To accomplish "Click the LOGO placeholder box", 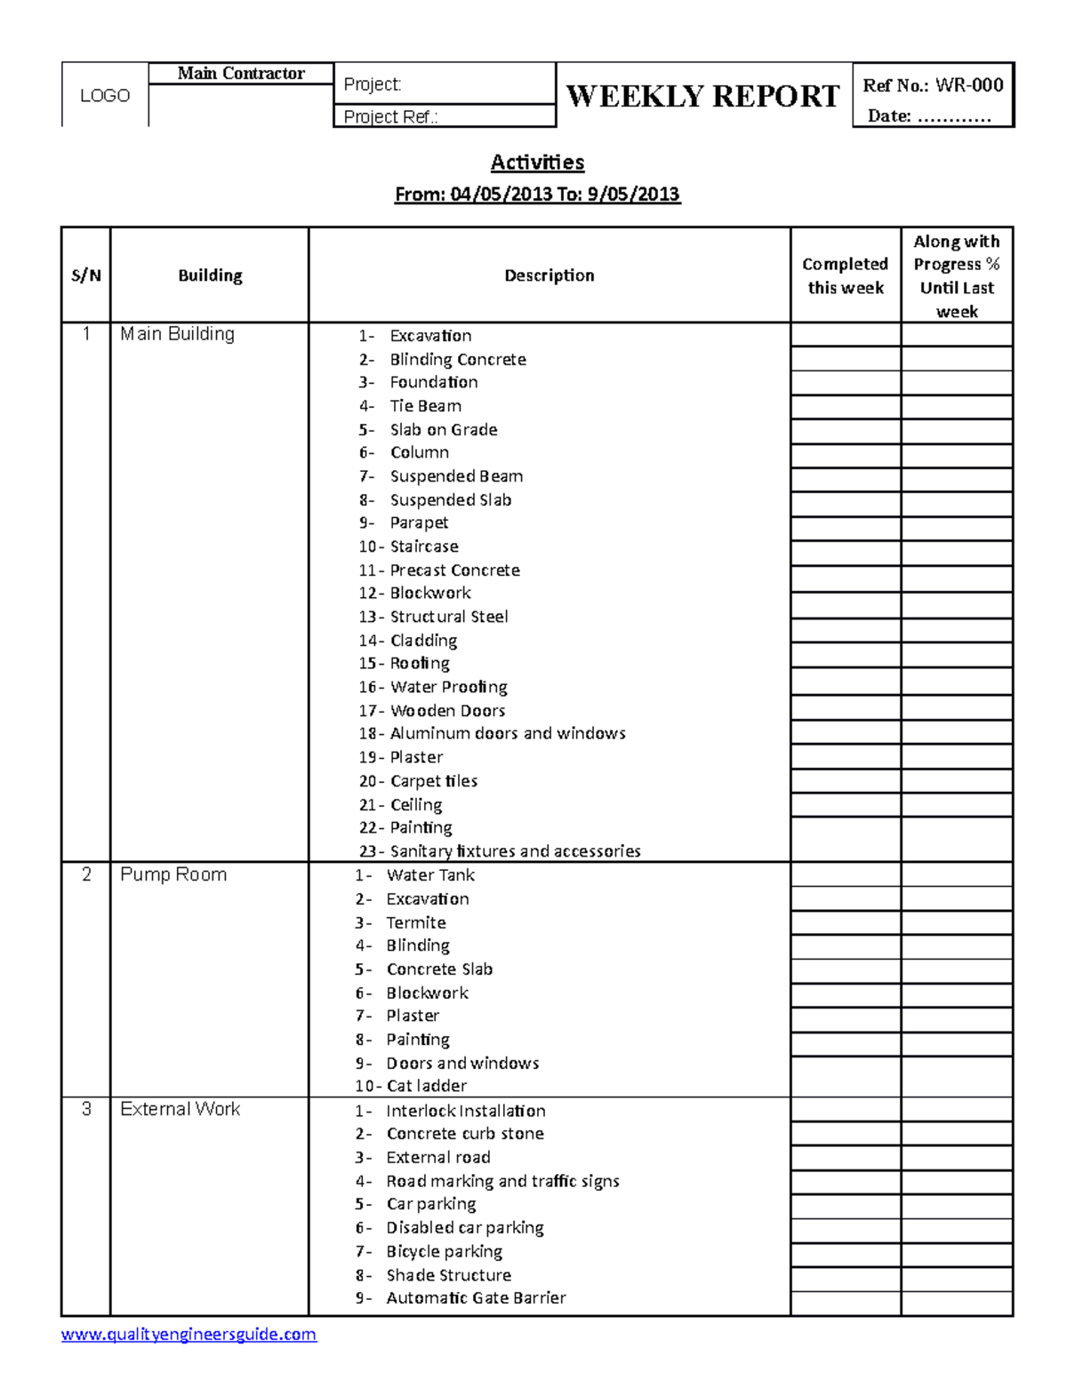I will tap(105, 95).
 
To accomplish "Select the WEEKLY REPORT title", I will tap(702, 96).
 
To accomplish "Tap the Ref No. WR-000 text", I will tap(933, 85).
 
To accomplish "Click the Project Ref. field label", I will tap(390, 116).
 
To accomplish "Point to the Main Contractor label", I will tap(241, 74).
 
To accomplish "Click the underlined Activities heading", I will tap(537, 163).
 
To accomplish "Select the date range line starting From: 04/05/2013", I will tap(537, 195).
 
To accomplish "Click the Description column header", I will tap(550, 275).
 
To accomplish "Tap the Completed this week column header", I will tap(845, 275).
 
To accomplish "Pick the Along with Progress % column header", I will tap(957, 275).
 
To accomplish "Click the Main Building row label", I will tap(178, 334).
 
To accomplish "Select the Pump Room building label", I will tap(173, 874).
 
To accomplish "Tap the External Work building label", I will tap(181, 1109).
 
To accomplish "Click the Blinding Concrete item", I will tap(457, 359).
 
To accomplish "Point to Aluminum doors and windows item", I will tap(507, 733).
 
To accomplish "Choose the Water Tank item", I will tap(430, 875).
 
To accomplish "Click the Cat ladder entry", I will tap(426, 1086).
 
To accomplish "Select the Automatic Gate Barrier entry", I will tap(476, 1297).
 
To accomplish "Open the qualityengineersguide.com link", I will tap(189, 1334).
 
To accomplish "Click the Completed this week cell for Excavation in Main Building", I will tap(845, 335).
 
